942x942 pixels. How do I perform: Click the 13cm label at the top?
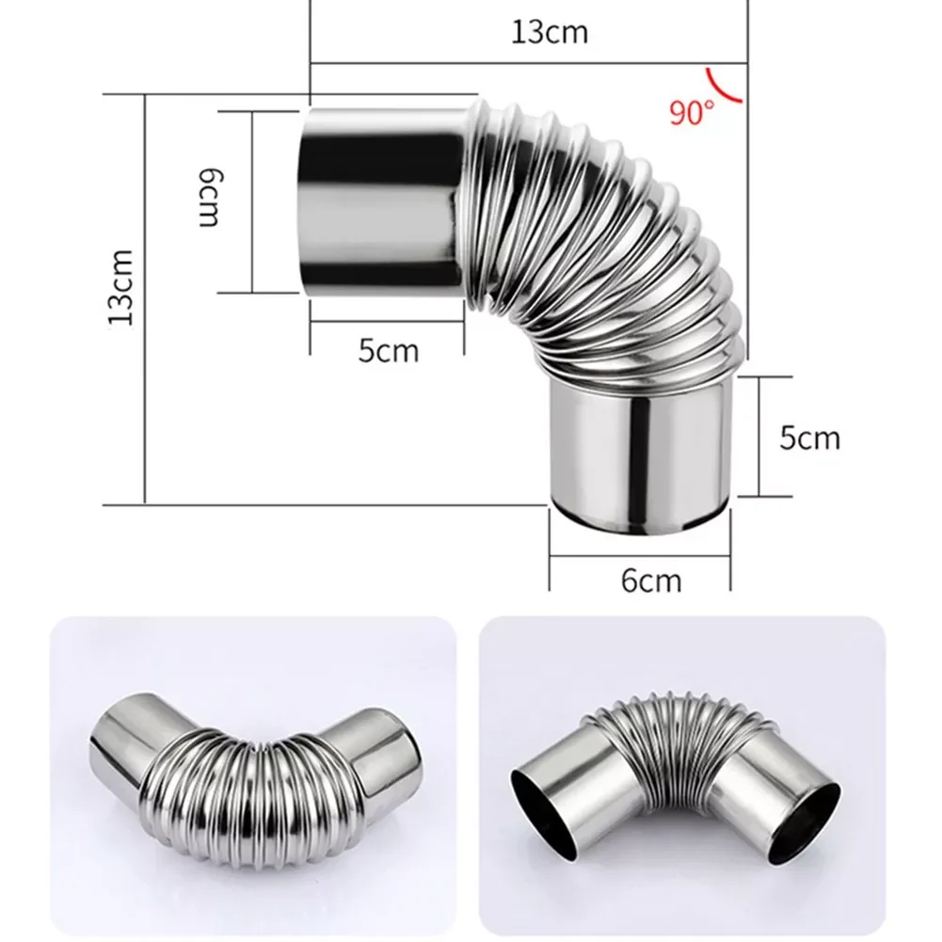click(x=550, y=32)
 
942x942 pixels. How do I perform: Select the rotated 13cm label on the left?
click(x=121, y=286)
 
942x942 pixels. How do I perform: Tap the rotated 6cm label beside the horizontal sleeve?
click(x=208, y=198)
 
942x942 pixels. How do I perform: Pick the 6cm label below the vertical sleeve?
click(x=650, y=581)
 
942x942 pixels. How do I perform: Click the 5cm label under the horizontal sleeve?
click(x=388, y=351)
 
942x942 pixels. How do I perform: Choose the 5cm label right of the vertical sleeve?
click(x=809, y=438)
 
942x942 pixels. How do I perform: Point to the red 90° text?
click(x=692, y=113)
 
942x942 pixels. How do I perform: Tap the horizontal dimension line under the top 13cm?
click(x=527, y=64)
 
